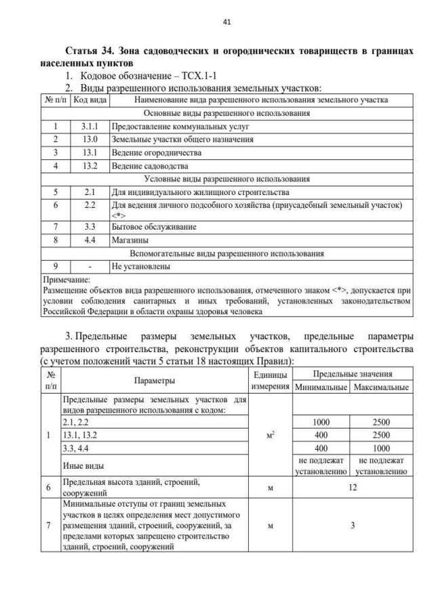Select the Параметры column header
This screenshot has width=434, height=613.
click(155, 381)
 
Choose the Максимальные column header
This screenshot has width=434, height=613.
click(381, 387)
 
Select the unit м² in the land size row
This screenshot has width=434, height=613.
click(271, 435)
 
